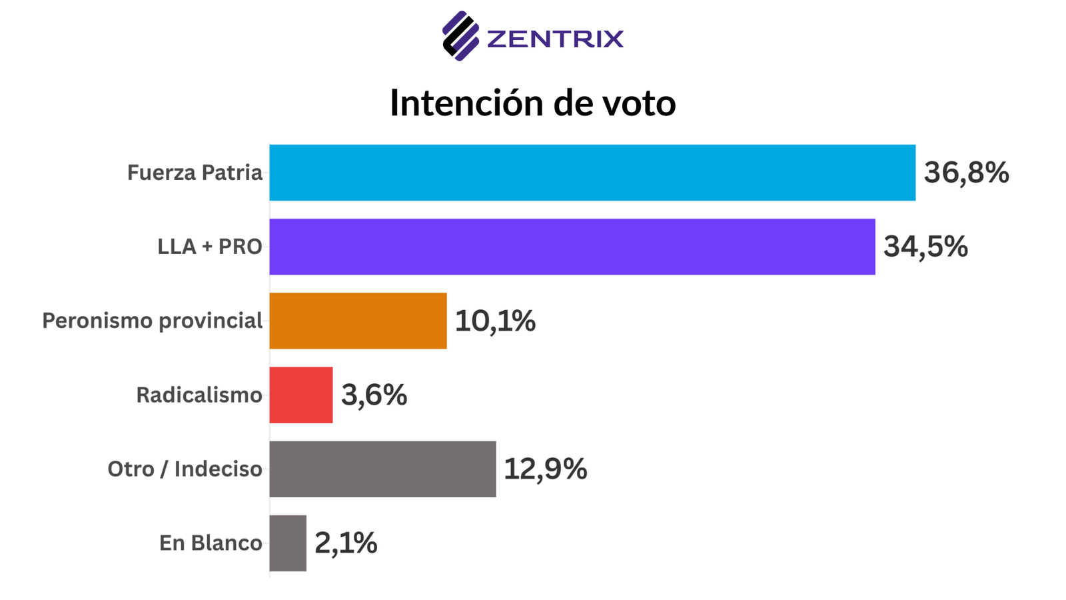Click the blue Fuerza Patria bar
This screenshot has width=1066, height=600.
click(592, 173)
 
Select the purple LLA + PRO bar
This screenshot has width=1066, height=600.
click(572, 247)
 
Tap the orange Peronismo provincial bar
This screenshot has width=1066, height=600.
click(358, 321)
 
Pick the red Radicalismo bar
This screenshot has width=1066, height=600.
click(301, 395)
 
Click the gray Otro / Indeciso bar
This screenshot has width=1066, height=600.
click(382, 469)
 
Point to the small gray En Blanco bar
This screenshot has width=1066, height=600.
click(288, 543)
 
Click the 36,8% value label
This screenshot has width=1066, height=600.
click(966, 173)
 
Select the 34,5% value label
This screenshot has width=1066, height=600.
click(925, 247)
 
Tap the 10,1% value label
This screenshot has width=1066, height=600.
click(495, 321)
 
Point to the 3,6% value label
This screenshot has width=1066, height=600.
click(374, 395)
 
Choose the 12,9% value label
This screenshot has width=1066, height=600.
click(545, 469)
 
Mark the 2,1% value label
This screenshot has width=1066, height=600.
click(346, 543)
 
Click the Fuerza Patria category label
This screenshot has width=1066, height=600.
click(195, 173)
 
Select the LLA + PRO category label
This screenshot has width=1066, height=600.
click(210, 247)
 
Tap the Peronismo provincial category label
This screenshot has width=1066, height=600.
click(153, 321)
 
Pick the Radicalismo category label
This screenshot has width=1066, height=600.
click(199, 395)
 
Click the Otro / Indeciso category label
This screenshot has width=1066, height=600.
click(185, 469)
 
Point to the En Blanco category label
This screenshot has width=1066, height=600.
click(211, 543)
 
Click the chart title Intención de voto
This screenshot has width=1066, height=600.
click(533, 103)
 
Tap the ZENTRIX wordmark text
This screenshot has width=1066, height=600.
click(555, 39)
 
